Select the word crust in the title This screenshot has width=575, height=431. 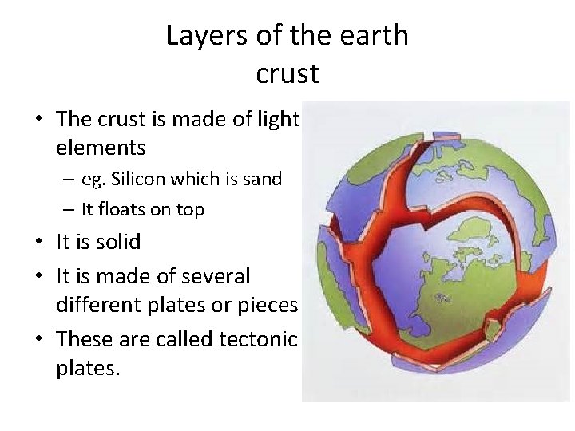pos(287,73)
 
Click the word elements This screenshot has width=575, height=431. pos(101,148)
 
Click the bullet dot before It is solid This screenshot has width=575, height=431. pos(39,242)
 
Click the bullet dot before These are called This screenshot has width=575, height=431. pos(39,340)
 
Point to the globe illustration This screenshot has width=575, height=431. pos(437,251)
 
